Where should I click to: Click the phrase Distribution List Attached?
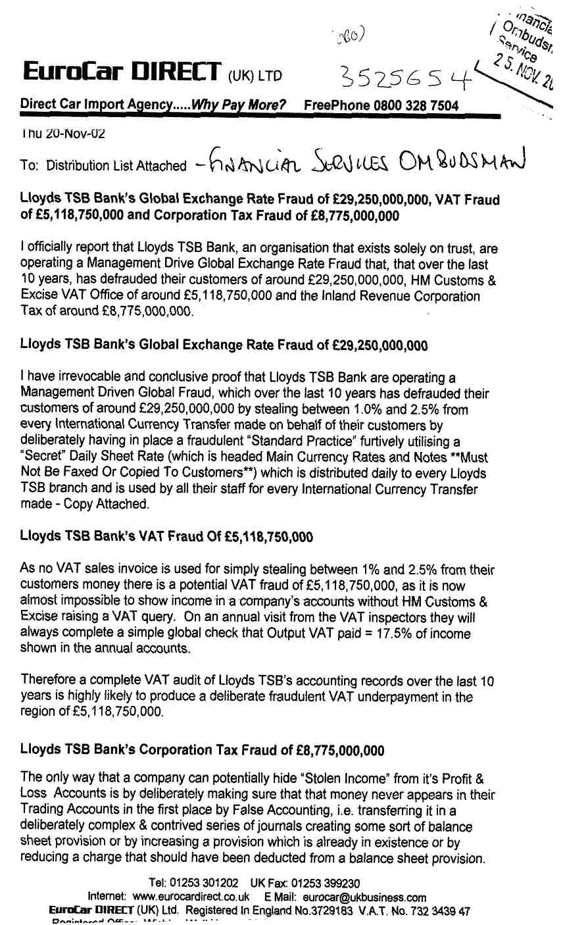tap(116, 166)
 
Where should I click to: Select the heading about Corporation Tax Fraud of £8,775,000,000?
tap(202, 749)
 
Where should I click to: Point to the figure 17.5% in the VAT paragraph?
tap(387, 634)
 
